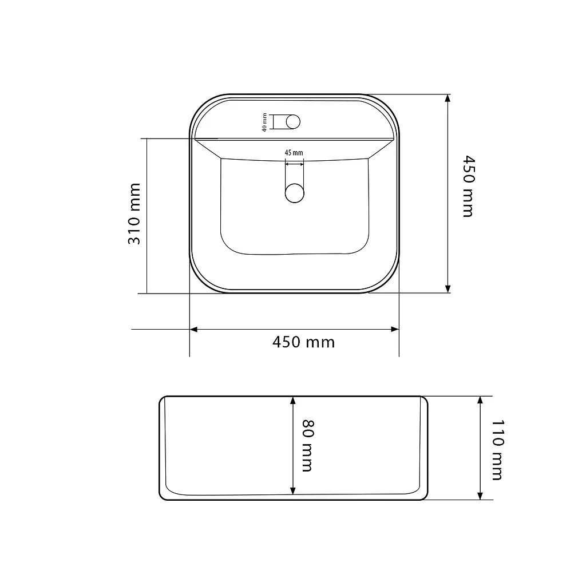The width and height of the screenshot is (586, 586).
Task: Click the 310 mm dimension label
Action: pos(134,214)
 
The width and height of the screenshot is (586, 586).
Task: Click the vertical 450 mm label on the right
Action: pos(469,186)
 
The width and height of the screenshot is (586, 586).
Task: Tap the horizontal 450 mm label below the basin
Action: pos(303,342)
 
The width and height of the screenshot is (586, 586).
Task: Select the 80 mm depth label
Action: pos(308,445)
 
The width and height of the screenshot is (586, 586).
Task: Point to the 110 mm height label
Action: pos(497,450)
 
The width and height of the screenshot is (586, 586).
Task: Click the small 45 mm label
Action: pos(294,152)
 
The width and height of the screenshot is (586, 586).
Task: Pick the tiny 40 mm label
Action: pos(264,122)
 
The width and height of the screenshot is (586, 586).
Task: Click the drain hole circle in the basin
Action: pos(295,193)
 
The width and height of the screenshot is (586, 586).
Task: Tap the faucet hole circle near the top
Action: pos(293,122)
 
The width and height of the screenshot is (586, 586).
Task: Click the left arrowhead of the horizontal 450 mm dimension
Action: pos(193,329)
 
